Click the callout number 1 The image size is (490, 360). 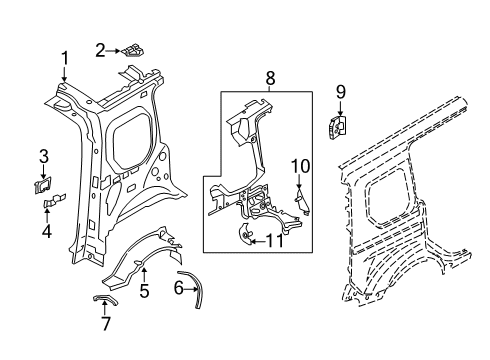(65, 58)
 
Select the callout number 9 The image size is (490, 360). (340, 93)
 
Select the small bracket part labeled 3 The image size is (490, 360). (44, 183)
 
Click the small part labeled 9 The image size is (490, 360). (337, 126)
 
